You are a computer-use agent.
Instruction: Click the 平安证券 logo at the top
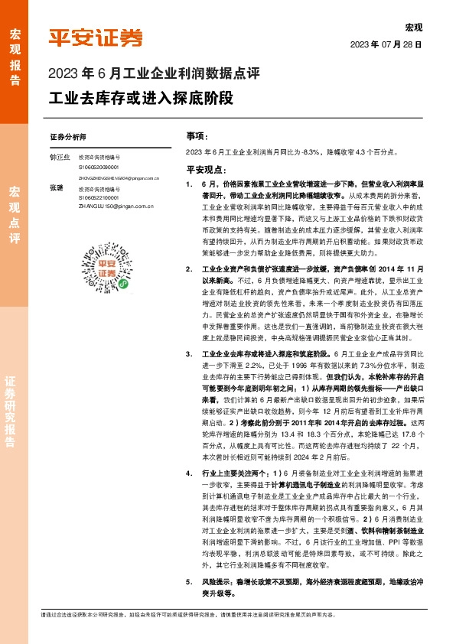click(x=96, y=37)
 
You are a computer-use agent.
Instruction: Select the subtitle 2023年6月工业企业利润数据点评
click(x=155, y=75)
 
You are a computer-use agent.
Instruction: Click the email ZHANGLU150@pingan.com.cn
click(x=109, y=207)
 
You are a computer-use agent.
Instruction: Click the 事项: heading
click(x=197, y=135)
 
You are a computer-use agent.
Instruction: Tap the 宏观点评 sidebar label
click(x=15, y=213)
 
